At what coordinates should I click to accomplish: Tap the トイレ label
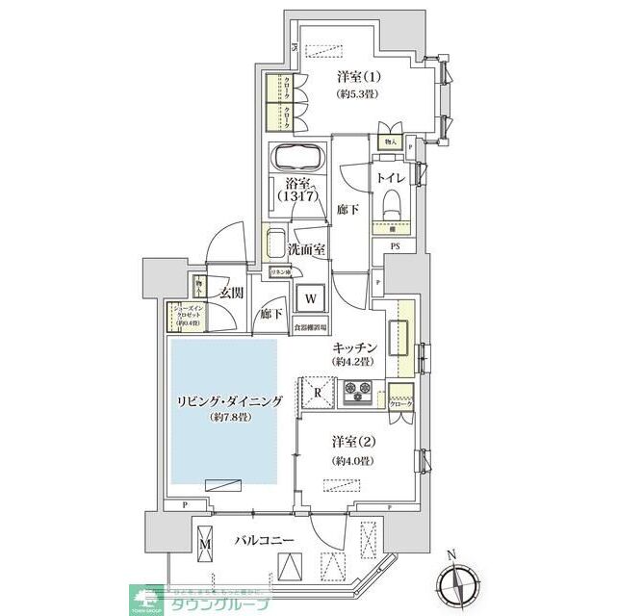click(x=390, y=177)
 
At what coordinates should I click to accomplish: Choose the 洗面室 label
click(x=307, y=249)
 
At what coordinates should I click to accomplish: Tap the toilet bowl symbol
click(x=391, y=202)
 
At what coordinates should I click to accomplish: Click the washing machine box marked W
click(x=311, y=298)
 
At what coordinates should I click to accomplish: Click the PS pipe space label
click(x=394, y=245)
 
